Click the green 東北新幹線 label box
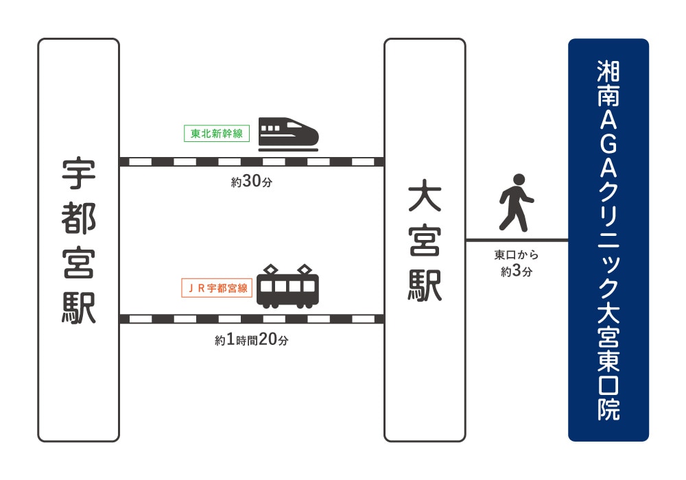(217, 133)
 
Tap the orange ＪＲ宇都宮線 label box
(217, 288)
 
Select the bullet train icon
(288, 134)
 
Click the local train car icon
(287, 286)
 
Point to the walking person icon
(517, 202)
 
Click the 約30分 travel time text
(252, 181)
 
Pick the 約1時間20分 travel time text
(252, 339)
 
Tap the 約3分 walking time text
(517, 271)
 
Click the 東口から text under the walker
(517, 254)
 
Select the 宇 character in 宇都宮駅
(78, 173)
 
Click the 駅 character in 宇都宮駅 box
(78, 308)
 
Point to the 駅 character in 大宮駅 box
(425, 286)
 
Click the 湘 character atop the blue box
(608, 71)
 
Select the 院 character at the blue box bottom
(608, 409)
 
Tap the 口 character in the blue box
(608, 385)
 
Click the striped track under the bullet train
(252, 162)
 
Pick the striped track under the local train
(252, 319)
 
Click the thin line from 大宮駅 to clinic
(517, 240)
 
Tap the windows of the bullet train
(270, 128)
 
